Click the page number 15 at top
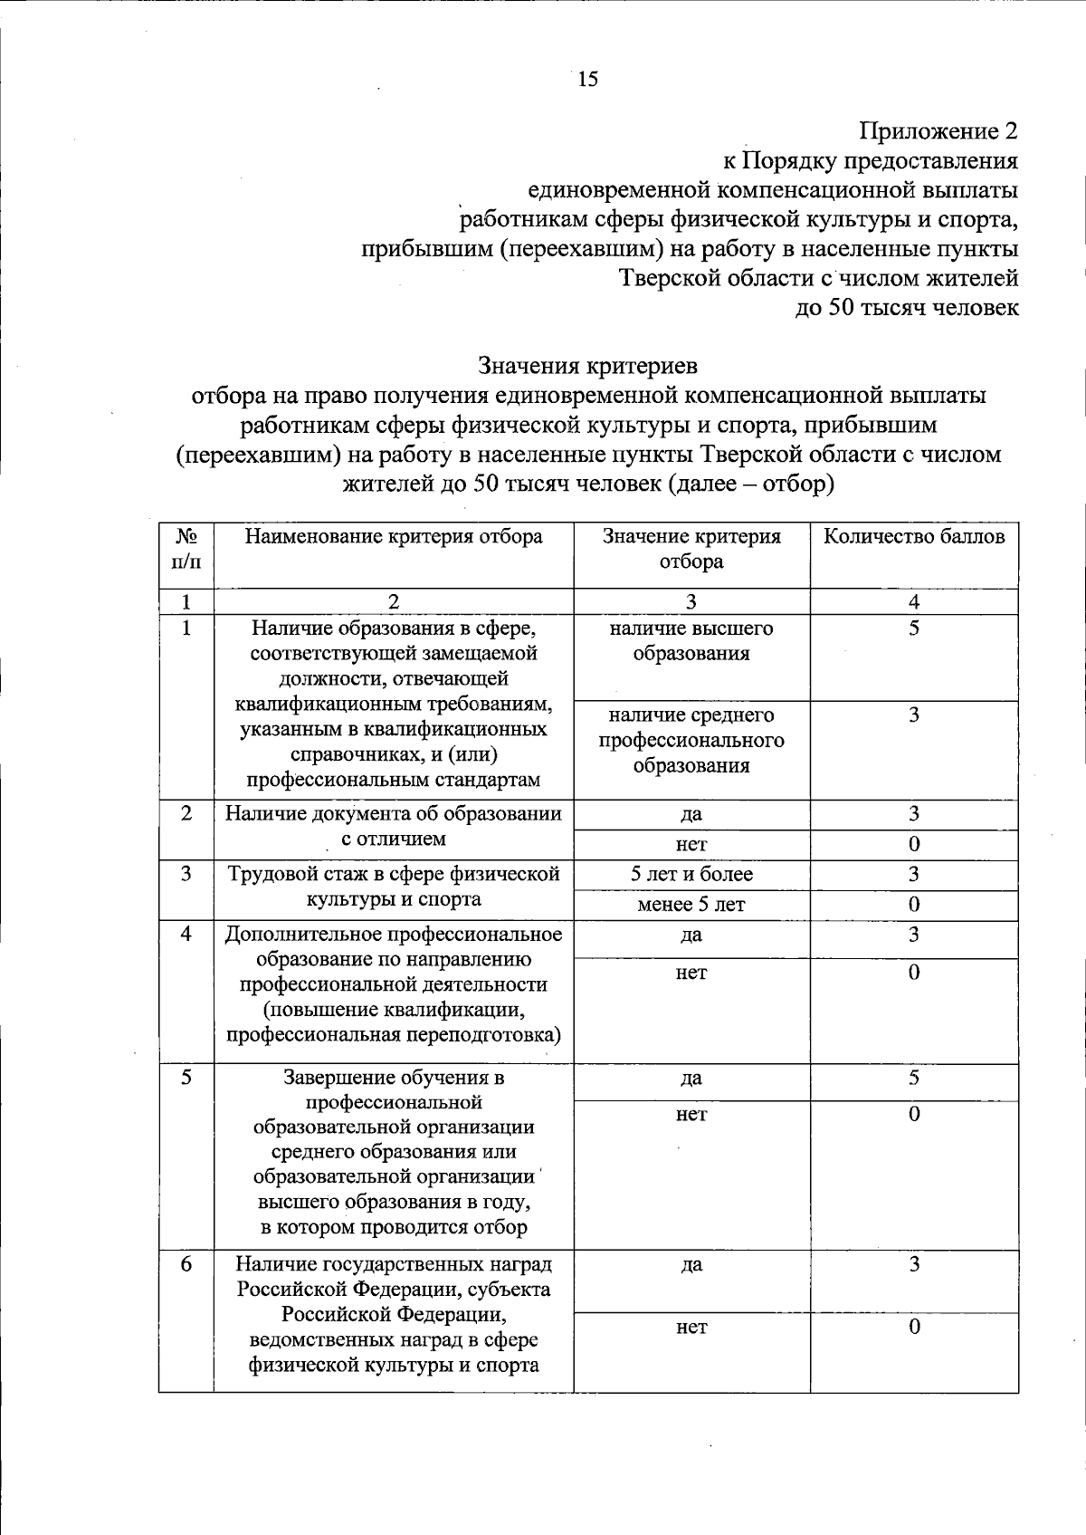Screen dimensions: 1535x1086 (587, 80)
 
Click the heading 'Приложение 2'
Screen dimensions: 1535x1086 (938, 131)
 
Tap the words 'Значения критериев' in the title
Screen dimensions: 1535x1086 (587, 366)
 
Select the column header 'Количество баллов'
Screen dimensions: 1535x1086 (914, 536)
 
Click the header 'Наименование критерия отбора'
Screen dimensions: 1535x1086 (394, 536)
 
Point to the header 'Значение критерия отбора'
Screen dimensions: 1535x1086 (691, 548)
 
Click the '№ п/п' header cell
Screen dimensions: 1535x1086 (186, 548)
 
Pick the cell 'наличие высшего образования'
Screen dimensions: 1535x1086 (691, 640)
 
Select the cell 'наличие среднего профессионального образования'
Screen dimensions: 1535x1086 (691, 740)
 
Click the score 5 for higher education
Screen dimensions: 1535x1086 (914, 628)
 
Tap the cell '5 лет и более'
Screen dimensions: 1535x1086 (691, 874)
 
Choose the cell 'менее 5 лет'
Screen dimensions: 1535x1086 (691, 904)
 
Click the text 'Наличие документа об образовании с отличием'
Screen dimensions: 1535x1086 (394, 825)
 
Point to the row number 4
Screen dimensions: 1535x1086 (186, 934)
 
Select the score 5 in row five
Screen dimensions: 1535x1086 (914, 1078)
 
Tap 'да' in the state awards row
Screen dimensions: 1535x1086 (691, 1264)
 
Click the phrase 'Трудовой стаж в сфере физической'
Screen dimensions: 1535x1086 (394, 874)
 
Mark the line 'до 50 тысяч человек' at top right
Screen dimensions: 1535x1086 (906, 307)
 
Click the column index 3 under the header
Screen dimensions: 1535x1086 (691, 601)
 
